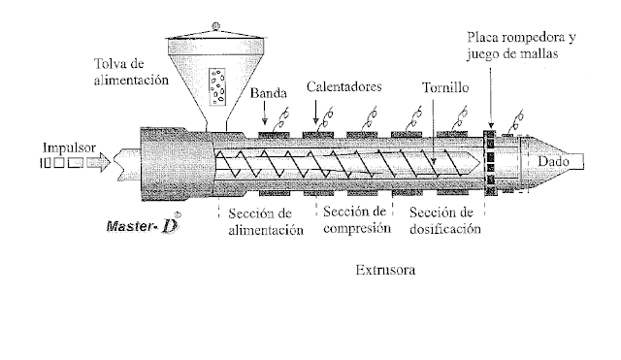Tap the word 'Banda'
coord(267,94)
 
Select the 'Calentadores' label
coord(344,86)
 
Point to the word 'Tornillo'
coord(445,86)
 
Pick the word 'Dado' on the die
coord(556,159)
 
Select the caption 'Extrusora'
coord(385,273)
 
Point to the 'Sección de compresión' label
coord(356,220)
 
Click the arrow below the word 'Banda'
coord(263,114)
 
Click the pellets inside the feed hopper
coord(218,85)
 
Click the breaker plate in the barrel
coord(490,161)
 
